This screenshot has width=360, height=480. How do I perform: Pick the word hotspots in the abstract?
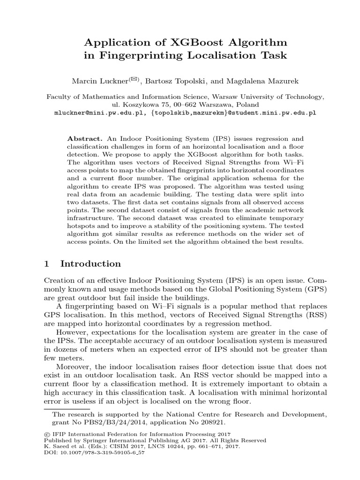point(82,227)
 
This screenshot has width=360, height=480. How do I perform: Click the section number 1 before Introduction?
point(46,263)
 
